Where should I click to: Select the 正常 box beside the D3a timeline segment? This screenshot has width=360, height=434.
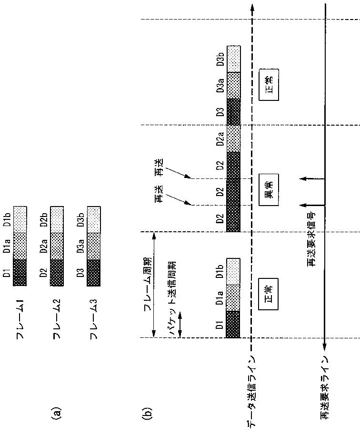coord(268,85)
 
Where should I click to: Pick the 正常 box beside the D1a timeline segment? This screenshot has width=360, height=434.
coord(268,288)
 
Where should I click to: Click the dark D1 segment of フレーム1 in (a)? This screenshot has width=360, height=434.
coord(20,273)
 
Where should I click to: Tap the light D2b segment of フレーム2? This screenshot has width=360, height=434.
coord(57,219)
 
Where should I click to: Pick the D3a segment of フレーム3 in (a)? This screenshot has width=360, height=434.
coord(94,246)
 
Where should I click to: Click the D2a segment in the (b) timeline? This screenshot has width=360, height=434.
coord(234,138)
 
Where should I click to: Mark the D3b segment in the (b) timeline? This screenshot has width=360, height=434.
coord(234,59)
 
